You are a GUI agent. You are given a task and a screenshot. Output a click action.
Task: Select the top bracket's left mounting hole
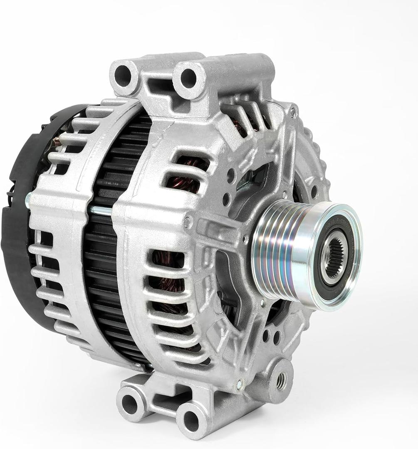pyautogui.click(x=123, y=75)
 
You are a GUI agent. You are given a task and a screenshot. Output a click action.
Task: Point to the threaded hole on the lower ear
pyautogui.click(x=282, y=380)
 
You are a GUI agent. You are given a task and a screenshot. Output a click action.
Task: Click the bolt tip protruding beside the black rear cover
pyautogui.click(x=27, y=201)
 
